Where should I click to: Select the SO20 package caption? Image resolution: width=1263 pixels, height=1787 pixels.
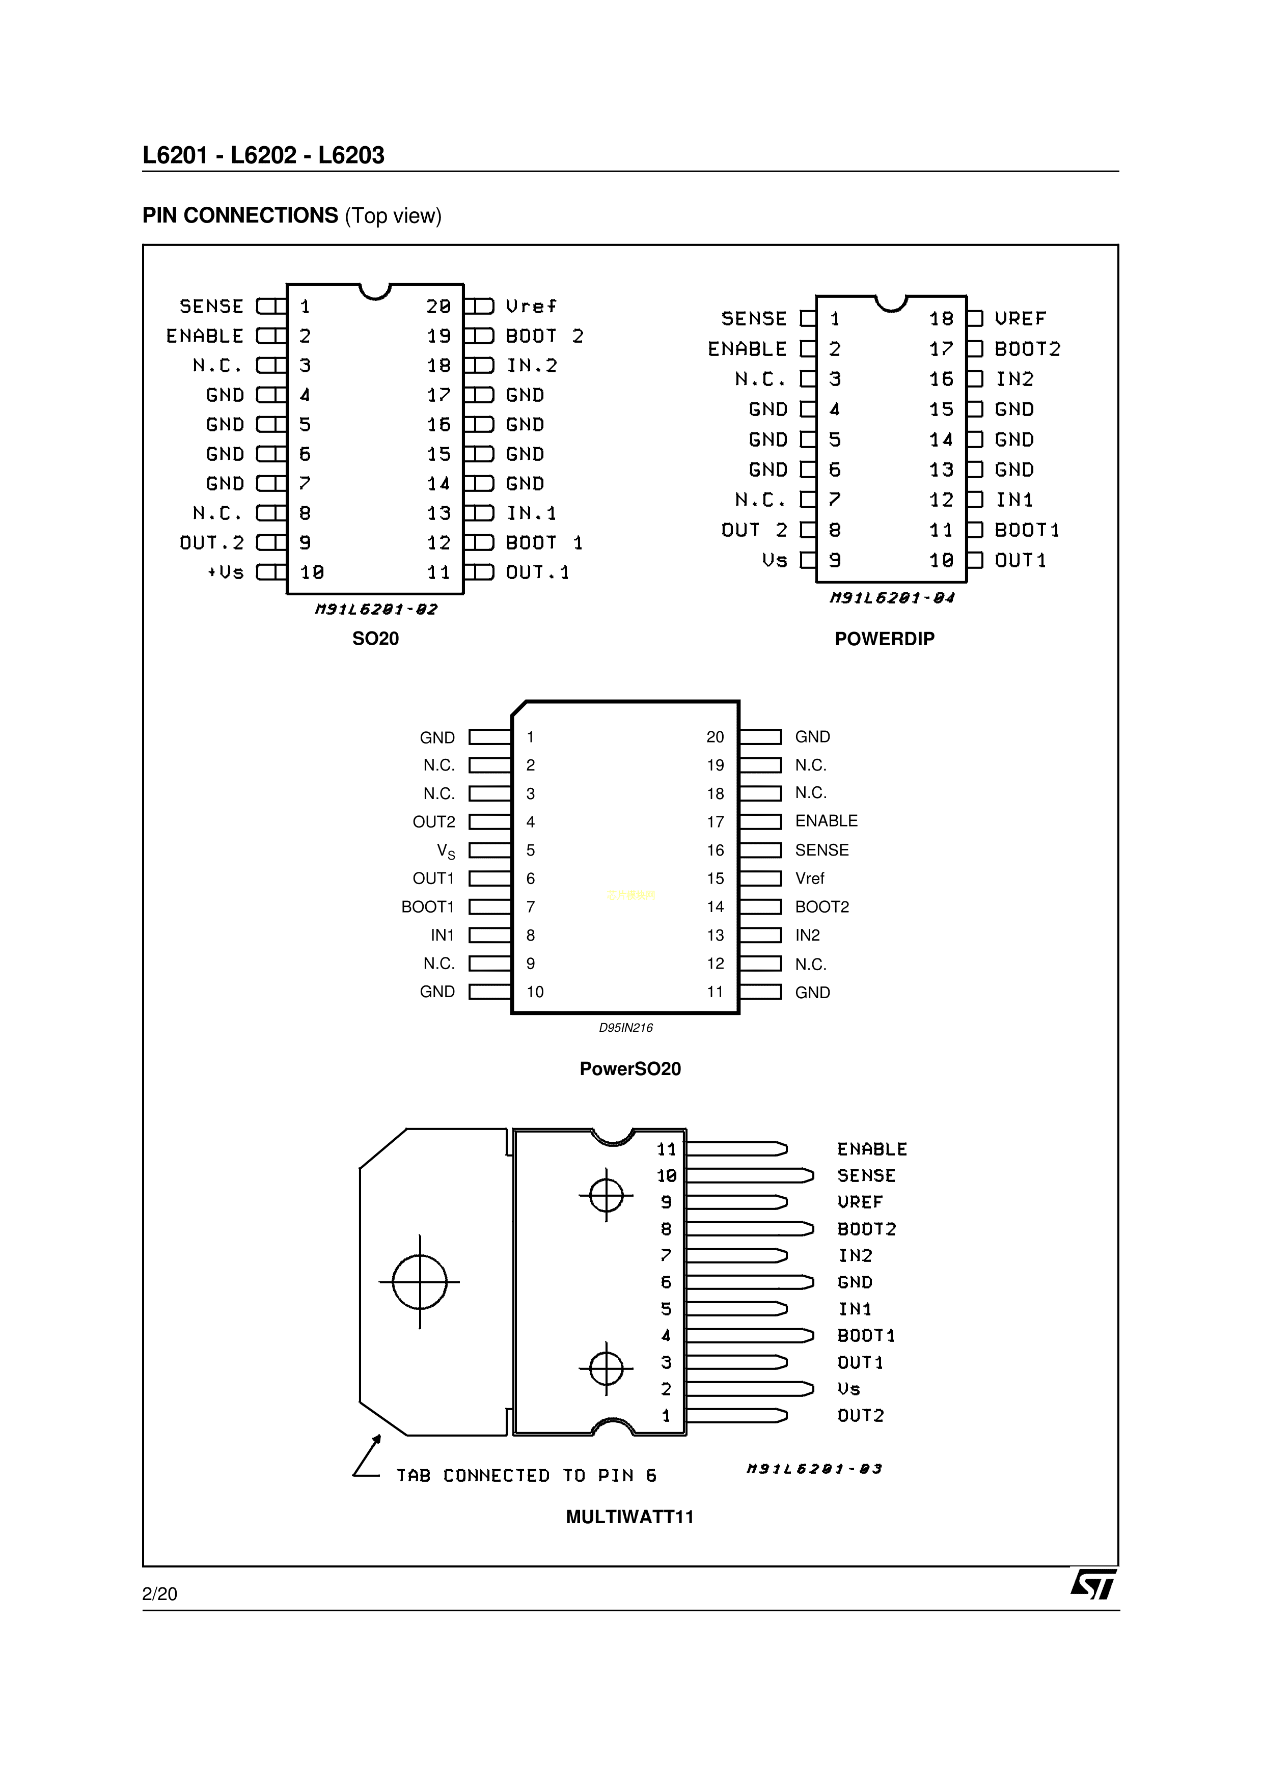click(x=375, y=639)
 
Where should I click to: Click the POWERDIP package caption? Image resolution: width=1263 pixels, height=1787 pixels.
click(x=884, y=639)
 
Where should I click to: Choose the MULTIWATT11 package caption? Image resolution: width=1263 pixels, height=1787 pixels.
click(x=629, y=1517)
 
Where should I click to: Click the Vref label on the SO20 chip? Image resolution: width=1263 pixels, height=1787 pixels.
click(x=532, y=307)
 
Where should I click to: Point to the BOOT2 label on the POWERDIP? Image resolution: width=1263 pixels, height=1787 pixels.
click(x=1027, y=349)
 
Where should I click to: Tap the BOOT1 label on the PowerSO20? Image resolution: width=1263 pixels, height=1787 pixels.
click(x=427, y=906)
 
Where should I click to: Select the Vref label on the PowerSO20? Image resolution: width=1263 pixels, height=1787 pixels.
click(x=809, y=878)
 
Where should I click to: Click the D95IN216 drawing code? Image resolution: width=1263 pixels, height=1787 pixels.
click(x=626, y=1028)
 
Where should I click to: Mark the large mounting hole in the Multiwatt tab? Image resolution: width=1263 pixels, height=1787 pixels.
click(x=420, y=1282)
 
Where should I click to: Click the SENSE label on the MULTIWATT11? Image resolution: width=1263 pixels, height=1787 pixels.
click(x=866, y=1176)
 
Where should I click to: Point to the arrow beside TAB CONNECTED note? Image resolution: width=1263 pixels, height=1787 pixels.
click(x=367, y=1456)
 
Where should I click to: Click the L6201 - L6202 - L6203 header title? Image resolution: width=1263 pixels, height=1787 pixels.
click(x=263, y=156)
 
